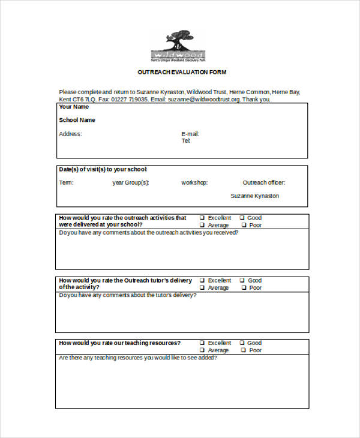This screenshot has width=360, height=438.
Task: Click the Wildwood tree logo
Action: click(x=178, y=44)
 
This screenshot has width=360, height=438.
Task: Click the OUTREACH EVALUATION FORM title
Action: click(x=182, y=72)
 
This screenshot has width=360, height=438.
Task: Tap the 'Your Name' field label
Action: click(x=74, y=107)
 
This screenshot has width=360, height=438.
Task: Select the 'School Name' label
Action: click(x=77, y=120)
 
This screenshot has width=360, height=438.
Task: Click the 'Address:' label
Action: click(x=70, y=134)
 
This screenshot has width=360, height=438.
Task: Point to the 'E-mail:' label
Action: click(x=190, y=134)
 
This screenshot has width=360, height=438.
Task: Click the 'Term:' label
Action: click(x=66, y=182)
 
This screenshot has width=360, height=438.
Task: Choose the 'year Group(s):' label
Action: click(x=131, y=182)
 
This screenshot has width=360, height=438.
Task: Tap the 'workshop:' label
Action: click(x=194, y=182)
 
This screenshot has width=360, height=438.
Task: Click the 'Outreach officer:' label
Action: click(x=264, y=182)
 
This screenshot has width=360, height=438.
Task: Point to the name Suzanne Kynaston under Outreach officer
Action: click(x=254, y=196)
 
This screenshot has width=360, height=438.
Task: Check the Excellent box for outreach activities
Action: click(x=202, y=218)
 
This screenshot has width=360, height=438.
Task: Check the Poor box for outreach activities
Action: click(x=244, y=225)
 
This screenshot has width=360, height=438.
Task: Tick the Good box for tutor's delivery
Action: click(x=242, y=280)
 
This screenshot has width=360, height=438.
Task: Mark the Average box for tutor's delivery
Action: click(x=202, y=287)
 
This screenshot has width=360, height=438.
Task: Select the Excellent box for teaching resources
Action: click(x=202, y=343)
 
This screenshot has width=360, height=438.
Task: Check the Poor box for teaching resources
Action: click(x=244, y=350)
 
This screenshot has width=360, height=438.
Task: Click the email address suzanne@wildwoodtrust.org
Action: click(x=204, y=100)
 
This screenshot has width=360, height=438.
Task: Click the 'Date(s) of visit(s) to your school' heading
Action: click(x=103, y=169)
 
